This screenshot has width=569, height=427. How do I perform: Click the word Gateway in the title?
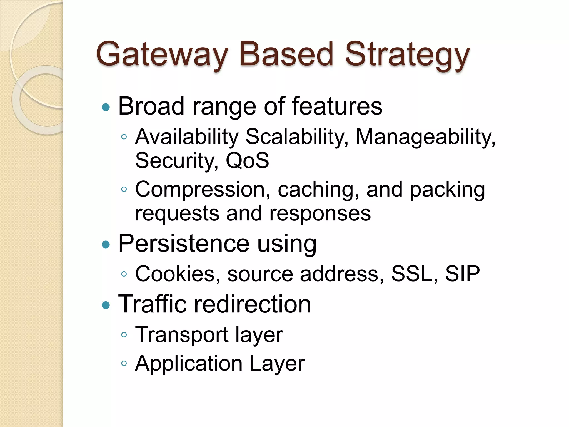(x=162, y=54)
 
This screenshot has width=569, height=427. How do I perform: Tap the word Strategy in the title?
(x=407, y=54)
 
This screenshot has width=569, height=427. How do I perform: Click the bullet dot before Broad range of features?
(x=106, y=107)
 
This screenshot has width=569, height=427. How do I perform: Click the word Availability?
(x=187, y=137)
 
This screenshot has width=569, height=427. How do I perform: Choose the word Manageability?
(x=425, y=137)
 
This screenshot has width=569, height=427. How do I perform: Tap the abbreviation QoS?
(x=247, y=160)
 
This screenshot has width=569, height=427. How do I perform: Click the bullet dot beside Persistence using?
(x=106, y=245)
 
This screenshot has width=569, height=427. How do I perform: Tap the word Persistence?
(x=184, y=244)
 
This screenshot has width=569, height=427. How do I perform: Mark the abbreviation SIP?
(x=462, y=274)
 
